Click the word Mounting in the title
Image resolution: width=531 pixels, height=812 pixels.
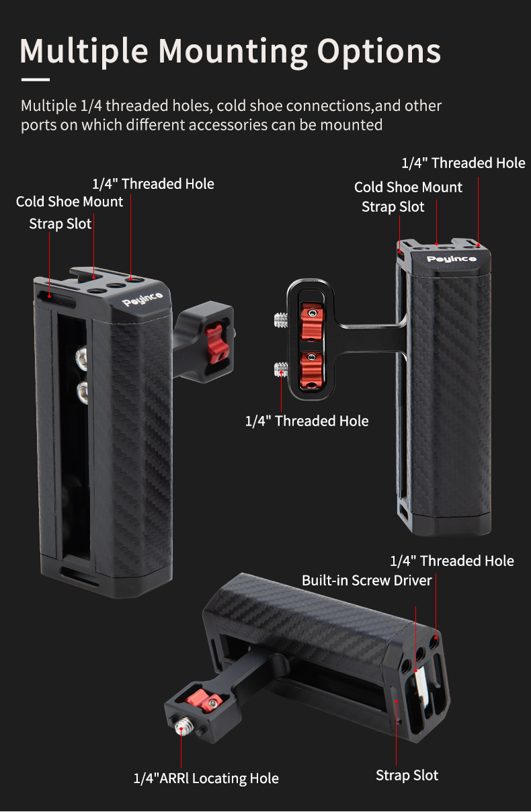(x=232, y=52)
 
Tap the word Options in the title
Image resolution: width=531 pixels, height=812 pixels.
(x=379, y=52)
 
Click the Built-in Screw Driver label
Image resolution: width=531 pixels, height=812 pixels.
(x=366, y=580)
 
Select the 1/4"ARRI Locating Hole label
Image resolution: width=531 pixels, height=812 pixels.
(x=206, y=778)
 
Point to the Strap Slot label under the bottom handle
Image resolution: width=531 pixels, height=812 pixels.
(x=407, y=775)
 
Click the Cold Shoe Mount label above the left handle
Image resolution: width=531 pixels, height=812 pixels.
(x=70, y=202)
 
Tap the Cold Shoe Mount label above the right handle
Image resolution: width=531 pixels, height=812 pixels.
(x=408, y=187)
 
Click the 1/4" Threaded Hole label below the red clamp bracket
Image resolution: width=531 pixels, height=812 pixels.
(x=307, y=421)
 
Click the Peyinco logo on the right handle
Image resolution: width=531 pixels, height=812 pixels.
(x=442, y=259)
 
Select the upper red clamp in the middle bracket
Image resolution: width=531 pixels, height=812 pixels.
(x=310, y=320)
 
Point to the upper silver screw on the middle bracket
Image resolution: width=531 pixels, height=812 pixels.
(x=282, y=320)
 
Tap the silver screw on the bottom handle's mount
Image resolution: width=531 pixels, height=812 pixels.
(x=183, y=726)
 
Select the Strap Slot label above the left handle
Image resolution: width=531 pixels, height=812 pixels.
(x=60, y=224)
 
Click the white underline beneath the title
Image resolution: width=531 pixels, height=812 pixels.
(x=36, y=79)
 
